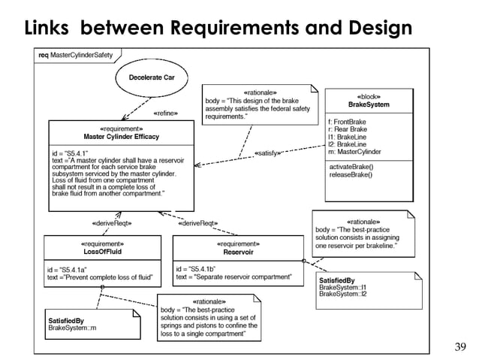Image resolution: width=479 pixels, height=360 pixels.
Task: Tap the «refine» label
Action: coord(166,114)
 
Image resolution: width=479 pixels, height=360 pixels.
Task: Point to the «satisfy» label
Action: coord(268,153)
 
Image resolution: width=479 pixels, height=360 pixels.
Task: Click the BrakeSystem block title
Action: coord(368,104)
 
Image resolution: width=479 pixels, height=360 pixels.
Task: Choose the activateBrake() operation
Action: coord(352,166)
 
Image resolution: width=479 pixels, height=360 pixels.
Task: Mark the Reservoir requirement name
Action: coord(238,253)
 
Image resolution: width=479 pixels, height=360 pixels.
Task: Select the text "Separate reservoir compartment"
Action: coord(244,277)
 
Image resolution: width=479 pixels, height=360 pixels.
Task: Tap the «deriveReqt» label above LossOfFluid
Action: coord(112,223)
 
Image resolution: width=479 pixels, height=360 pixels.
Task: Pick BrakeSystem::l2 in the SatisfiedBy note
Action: coord(343,293)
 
